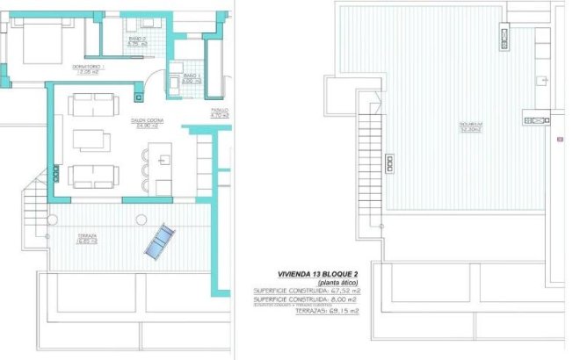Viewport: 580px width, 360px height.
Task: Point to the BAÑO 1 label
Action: pos(193,78)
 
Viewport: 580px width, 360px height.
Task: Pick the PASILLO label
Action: pos(220,112)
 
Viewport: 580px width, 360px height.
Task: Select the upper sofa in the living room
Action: pos(91,104)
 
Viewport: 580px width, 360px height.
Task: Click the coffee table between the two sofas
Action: pos(91,140)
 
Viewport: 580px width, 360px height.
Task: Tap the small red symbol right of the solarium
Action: pos(560,139)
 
